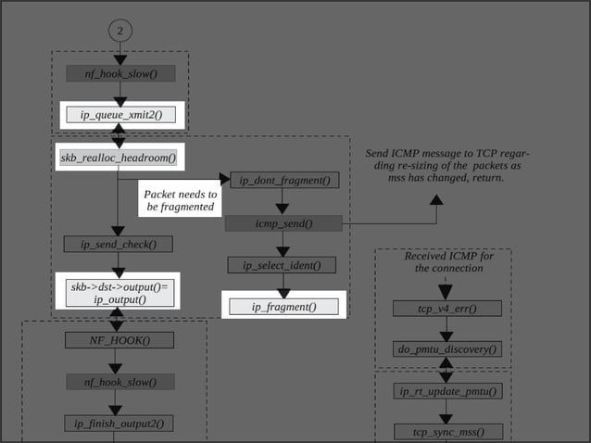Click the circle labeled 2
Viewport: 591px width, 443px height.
tap(119, 30)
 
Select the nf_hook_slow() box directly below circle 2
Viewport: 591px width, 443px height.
tap(119, 73)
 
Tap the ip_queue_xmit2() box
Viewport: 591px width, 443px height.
tap(120, 115)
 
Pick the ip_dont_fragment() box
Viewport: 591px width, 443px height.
tap(284, 180)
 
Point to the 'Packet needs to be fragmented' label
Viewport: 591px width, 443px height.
tap(181, 200)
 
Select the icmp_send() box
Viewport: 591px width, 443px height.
tap(284, 223)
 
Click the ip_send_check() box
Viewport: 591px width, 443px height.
tap(118, 245)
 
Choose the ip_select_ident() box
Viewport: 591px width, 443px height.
tap(283, 266)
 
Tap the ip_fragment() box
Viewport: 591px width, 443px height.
tap(283, 307)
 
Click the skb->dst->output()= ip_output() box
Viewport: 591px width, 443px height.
tap(118, 294)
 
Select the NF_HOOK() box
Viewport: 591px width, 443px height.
tap(119, 340)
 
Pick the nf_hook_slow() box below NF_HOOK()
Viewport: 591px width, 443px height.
tap(119, 382)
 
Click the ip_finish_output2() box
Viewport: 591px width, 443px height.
tap(119, 424)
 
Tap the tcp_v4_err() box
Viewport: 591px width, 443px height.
tap(447, 309)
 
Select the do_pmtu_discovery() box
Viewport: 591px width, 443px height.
tap(447, 349)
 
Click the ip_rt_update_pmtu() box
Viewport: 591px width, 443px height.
tap(447, 391)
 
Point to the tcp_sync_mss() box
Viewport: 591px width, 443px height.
tap(447, 431)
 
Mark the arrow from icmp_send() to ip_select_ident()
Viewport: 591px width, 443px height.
tap(283, 244)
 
